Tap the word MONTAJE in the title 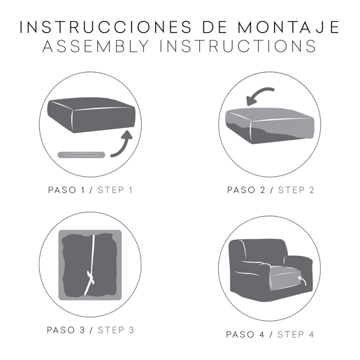coord(289,27)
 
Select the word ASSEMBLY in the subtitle coord(96,46)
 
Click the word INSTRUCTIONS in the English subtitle coord(238,46)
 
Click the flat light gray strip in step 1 coord(81,154)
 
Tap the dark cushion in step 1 coord(92,115)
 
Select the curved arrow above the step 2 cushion coord(259,95)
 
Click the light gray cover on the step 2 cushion coord(270,122)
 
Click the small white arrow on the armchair coord(302,280)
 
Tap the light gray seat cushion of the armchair coord(289,278)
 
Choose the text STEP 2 coord(296,190)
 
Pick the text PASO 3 coord(66,330)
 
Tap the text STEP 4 coord(296,335)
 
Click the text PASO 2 coord(246,190)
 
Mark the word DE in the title coord(215,27)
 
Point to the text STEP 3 coord(116,330)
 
